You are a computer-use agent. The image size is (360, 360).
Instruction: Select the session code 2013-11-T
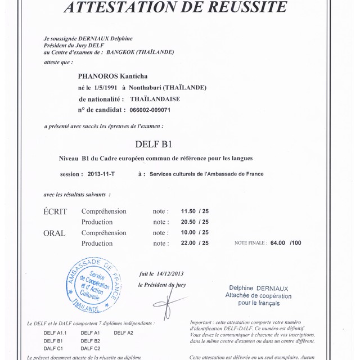[101, 174]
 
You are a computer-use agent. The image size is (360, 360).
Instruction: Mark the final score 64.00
[278, 244]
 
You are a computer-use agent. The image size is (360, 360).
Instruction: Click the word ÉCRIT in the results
[56, 211]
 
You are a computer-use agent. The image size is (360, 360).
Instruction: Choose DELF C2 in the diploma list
[91, 349]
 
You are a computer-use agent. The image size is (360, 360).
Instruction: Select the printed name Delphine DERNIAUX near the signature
[259, 289]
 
